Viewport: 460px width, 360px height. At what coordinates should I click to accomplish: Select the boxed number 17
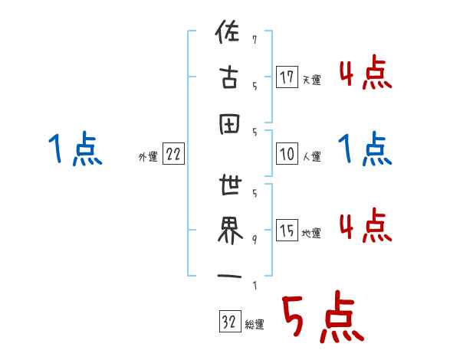click(x=287, y=77)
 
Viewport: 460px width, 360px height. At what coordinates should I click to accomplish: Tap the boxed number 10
click(x=287, y=154)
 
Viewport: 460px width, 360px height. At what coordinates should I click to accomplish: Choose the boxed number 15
click(x=287, y=231)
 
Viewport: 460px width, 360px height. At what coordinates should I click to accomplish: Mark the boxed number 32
click(x=229, y=322)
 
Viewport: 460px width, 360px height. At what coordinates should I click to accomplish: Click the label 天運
click(x=311, y=80)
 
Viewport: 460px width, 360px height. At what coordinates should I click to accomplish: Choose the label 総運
click(x=255, y=325)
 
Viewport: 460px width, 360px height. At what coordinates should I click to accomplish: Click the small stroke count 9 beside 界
click(x=254, y=239)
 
